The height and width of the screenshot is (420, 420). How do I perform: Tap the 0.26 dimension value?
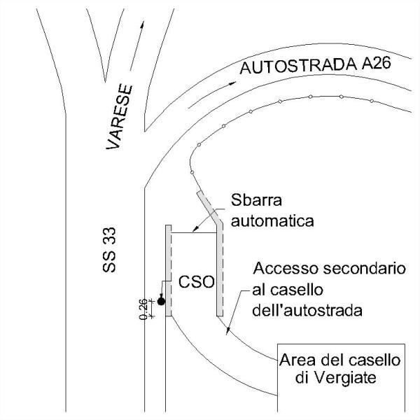144,309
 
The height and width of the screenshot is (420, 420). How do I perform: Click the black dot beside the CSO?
161,302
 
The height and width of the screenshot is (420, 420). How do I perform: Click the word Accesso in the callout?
279,269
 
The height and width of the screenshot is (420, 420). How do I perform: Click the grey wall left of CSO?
168,269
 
